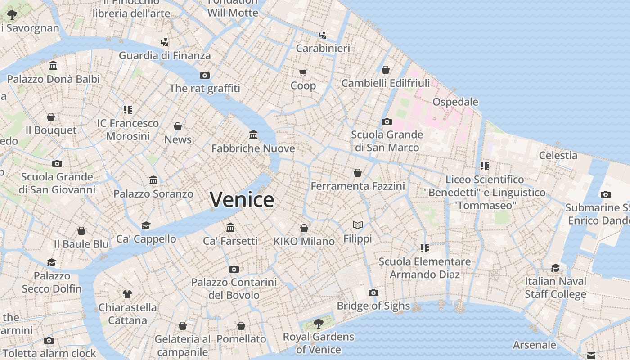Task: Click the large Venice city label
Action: click(242, 199)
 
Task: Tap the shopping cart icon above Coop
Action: click(303, 72)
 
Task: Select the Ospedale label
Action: click(455, 102)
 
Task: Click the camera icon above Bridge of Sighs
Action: click(373, 293)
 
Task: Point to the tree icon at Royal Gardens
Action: click(318, 323)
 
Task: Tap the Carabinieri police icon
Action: click(323, 35)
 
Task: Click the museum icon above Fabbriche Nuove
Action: click(253, 135)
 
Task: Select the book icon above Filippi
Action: click(358, 225)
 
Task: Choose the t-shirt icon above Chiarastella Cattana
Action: click(127, 294)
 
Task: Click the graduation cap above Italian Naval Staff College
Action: click(556, 268)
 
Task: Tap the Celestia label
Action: click(558, 156)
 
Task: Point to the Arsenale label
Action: click(535, 345)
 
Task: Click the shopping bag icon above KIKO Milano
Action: click(304, 228)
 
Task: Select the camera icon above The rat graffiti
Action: click(205, 75)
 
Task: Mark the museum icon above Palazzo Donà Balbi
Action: click(53, 66)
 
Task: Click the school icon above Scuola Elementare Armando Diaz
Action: click(424, 248)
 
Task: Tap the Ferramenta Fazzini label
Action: click(358, 186)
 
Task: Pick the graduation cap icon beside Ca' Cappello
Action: click(146, 225)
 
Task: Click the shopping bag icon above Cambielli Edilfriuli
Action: click(386, 70)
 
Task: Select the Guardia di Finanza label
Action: click(165, 56)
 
